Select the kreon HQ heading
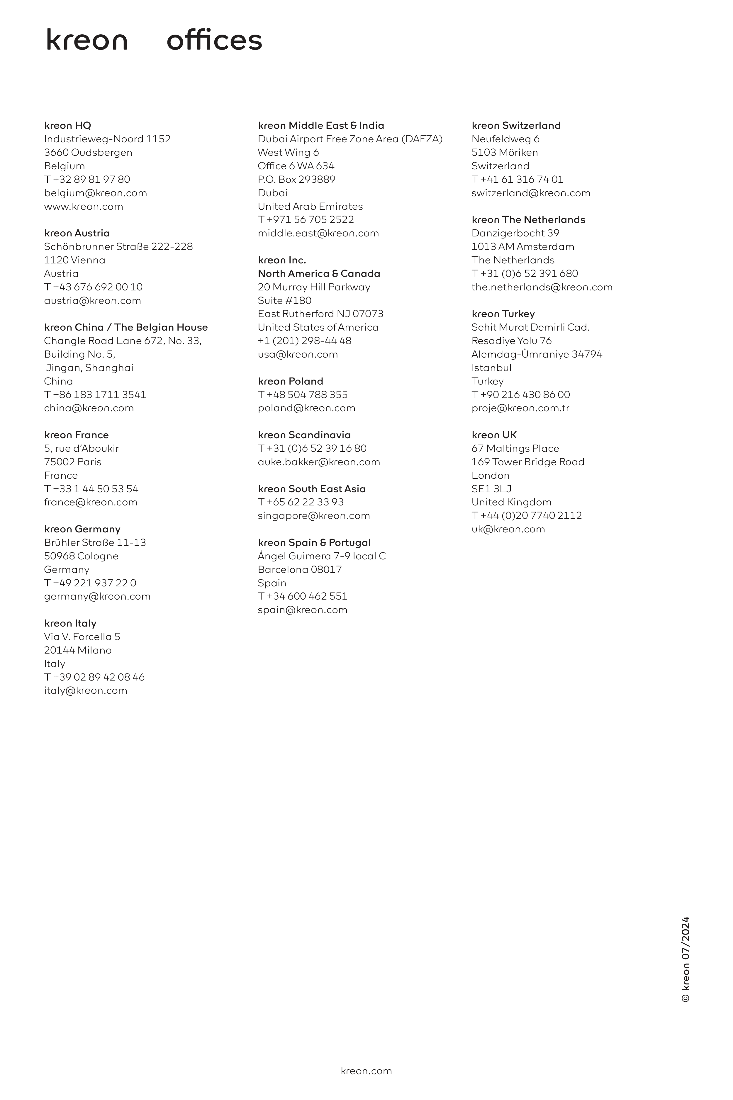(68, 125)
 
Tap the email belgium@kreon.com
(95, 193)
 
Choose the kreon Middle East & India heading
(321, 125)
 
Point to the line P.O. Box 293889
(296, 179)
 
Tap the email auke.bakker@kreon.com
(319, 462)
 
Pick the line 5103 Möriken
(504, 153)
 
